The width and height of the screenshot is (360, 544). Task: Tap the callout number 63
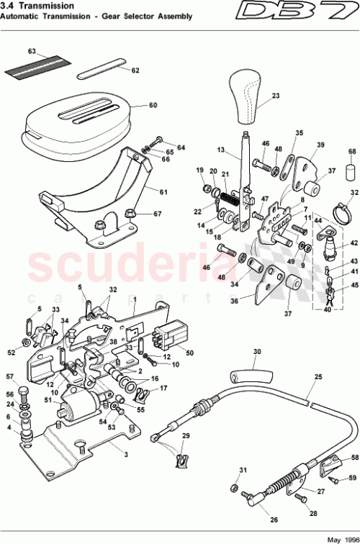(32, 52)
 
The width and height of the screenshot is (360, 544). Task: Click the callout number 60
(152, 105)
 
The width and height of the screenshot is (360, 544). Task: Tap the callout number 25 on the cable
(318, 377)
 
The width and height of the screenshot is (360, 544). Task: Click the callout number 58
(354, 457)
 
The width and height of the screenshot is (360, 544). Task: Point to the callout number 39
(320, 144)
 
